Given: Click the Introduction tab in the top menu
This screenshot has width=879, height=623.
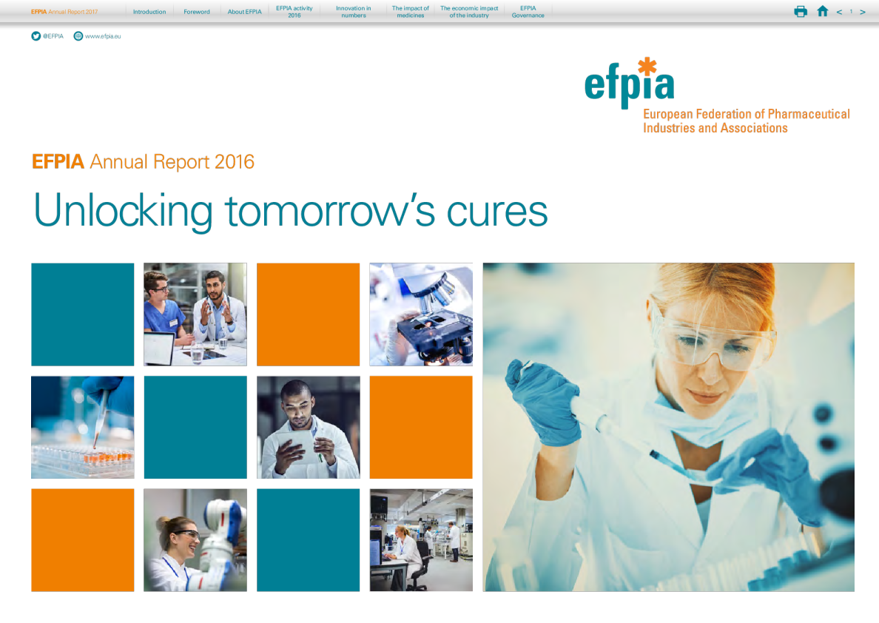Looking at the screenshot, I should pos(149,12).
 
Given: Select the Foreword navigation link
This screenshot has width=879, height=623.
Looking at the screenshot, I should pos(197,12).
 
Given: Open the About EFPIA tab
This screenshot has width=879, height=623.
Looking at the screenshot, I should pos(244,12).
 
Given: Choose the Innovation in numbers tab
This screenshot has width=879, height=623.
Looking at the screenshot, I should pos(354,12).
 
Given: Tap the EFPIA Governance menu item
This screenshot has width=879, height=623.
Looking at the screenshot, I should pos(528,12).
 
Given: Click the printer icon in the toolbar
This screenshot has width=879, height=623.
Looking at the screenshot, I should pos(801,11).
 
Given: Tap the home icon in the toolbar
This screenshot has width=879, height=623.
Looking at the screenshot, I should pos(822,11).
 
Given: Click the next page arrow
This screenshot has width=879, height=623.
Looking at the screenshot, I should pos(863,12).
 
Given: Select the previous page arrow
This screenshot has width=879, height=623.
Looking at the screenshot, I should pos(839,12).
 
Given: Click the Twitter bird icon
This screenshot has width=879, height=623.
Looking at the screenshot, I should pos(36,36).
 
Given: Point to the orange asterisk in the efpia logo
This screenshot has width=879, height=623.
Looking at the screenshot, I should pos(647,67).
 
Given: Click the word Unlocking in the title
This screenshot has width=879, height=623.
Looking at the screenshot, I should pos(123,211).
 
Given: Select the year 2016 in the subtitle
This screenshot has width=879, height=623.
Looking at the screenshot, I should pos(234,162).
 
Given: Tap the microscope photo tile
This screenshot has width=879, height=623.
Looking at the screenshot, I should pos(421,314).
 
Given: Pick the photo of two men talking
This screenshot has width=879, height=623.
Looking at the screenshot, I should pos(195,314).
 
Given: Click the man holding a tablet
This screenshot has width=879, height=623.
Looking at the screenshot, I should pos(308,427).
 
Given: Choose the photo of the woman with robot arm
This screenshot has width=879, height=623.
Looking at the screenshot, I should pos(195,539).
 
